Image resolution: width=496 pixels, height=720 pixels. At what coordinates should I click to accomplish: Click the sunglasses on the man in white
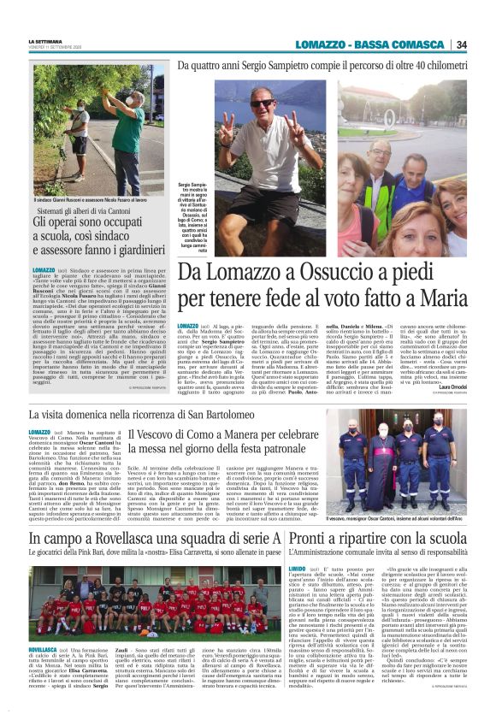(x=262, y=103)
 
